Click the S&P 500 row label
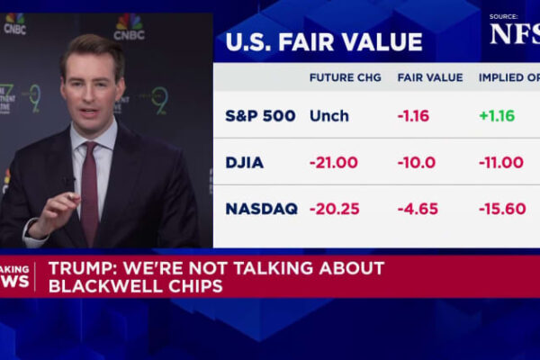(259, 116)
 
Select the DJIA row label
(245, 163)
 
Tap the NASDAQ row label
(261, 209)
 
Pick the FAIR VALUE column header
(430, 77)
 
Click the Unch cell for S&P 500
(328, 116)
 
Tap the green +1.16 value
(497, 116)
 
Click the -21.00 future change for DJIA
(334, 163)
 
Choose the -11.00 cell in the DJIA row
(501, 163)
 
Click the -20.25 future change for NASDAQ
(335, 209)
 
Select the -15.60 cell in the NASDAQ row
(502, 209)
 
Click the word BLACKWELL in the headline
(100, 285)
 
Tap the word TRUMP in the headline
(80, 268)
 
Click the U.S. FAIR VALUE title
(323, 42)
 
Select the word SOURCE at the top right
(504, 16)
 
